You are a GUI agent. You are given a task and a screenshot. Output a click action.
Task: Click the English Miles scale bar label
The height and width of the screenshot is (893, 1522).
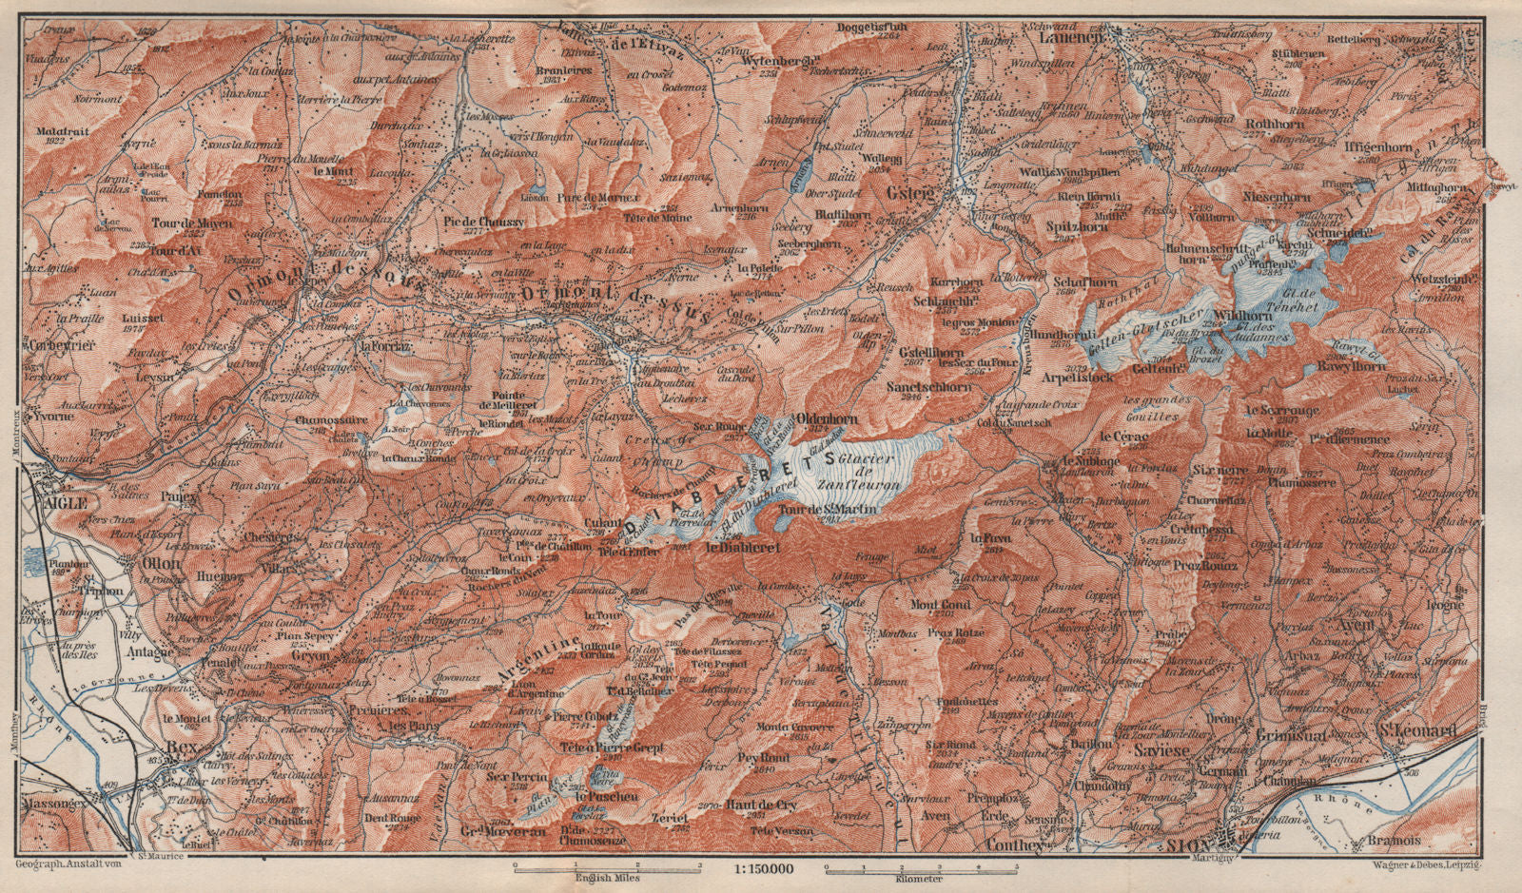pyautogui.click(x=608, y=878)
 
